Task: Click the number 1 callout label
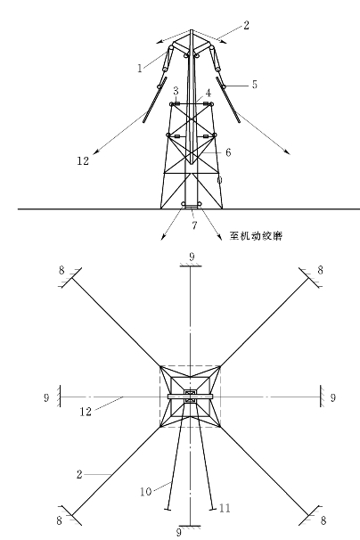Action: [x=140, y=69]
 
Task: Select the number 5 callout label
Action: [x=255, y=85]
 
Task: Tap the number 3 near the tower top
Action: [x=176, y=91]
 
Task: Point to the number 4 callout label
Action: [x=209, y=93]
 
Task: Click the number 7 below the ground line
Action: [x=194, y=225]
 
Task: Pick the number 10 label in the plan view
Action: [x=146, y=492]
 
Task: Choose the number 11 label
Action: [x=225, y=508]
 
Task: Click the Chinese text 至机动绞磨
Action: [x=256, y=236]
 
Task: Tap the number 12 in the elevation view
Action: [x=83, y=160]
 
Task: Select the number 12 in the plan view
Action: [x=86, y=412]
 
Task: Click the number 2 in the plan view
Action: [x=79, y=475]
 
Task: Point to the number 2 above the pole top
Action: [x=246, y=25]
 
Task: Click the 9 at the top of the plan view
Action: [x=192, y=257]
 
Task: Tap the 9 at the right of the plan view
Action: [x=332, y=397]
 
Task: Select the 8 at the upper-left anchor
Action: [x=61, y=270]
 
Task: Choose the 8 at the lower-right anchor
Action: [x=323, y=520]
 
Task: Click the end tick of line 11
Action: [x=213, y=508]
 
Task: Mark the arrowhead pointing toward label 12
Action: [x=96, y=151]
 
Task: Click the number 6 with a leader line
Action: [x=228, y=152]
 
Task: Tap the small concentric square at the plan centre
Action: [x=190, y=396]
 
